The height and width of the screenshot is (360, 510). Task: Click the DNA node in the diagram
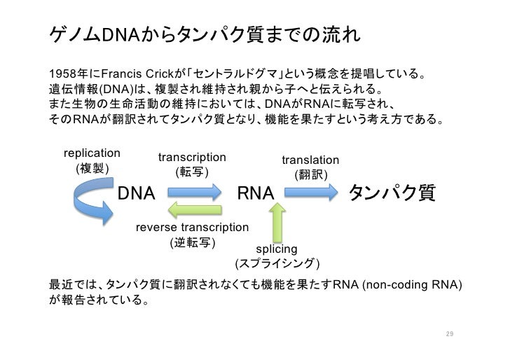tap(136, 193)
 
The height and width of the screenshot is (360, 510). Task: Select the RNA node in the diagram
tap(256, 193)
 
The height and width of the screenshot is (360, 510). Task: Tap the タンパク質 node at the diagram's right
tap(392, 193)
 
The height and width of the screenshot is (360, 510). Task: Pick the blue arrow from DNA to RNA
tap(195, 192)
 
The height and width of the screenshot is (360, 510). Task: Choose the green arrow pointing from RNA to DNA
tap(195, 209)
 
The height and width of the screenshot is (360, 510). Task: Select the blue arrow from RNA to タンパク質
tap(311, 192)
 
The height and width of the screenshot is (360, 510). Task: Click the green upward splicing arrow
tap(277, 223)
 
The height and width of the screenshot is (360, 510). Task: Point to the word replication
tap(92, 153)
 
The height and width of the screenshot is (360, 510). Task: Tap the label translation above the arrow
tap(310, 160)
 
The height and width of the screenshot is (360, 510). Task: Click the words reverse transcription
tap(192, 228)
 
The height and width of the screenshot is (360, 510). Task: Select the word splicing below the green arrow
tap(277, 249)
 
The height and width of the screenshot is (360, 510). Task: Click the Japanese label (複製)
tap(92, 169)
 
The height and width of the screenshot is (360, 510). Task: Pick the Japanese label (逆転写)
tap(193, 243)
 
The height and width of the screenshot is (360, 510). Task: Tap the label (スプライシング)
tap(277, 264)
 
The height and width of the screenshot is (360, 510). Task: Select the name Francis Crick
tap(137, 74)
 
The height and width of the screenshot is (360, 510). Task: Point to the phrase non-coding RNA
tap(412, 284)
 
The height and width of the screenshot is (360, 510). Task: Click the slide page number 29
tap(450, 333)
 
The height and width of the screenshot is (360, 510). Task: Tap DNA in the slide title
tap(120, 35)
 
